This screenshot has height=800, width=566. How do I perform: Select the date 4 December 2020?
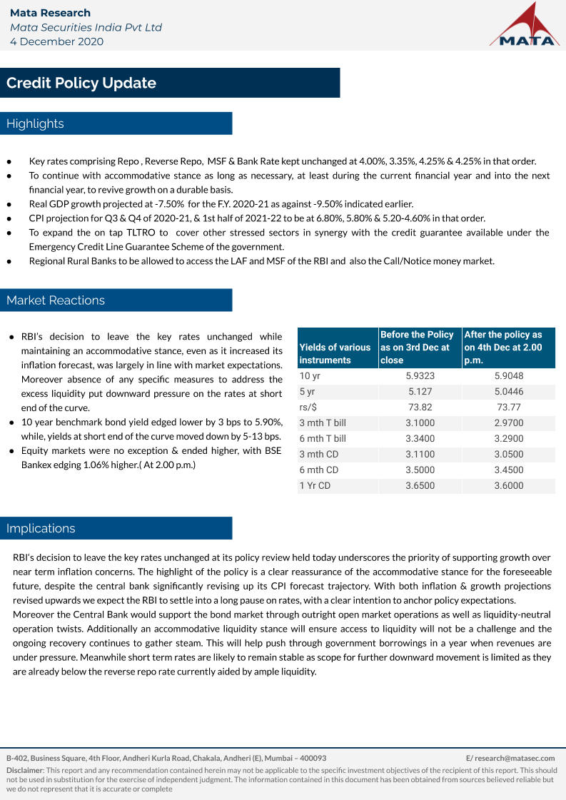tap(56, 41)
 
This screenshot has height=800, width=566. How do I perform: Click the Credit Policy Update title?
tap(81, 83)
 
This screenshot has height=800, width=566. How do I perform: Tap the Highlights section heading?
tap(35, 123)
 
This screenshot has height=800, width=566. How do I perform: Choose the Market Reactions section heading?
tap(56, 300)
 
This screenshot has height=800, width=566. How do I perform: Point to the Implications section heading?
tap(41, 529)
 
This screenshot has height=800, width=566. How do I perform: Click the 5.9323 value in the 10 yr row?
tap(420, 376)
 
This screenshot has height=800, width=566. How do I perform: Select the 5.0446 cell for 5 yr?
tap(508, 392)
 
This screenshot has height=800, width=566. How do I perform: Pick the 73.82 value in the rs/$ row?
tap(420, 407)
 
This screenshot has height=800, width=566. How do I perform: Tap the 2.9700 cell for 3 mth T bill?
tap(508, 423)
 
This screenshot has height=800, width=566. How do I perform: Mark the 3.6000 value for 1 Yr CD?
tap(508, 486)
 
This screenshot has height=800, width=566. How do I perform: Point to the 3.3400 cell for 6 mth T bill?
tap(420, 439)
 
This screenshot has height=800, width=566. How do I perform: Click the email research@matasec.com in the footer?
tap(510, 758)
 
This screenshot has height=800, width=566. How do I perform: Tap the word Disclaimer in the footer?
tap(24, 771)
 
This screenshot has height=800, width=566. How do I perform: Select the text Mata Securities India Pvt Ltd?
tap(86, 27)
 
